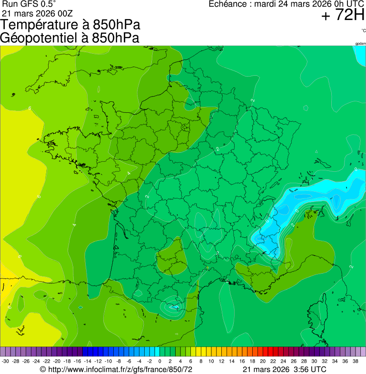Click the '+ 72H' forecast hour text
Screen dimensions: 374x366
(x=342, y=16)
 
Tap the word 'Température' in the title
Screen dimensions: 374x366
(x=36, y=25)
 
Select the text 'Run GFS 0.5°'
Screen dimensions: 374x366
(x=29, y=4)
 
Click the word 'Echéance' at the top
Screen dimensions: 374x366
(x=228, y=4)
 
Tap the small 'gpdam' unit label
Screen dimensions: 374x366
(x=360, y=44)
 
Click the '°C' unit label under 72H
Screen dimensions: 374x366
(x=363, y=31)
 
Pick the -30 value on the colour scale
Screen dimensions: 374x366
(x=6, y=361)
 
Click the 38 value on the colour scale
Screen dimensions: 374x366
(x=356, y=361)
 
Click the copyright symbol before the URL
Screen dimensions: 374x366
(x=43, y=369)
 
